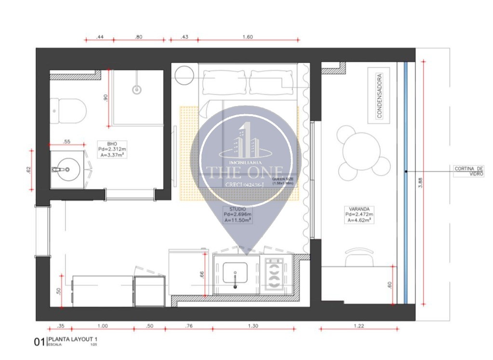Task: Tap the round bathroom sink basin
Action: [67, 169]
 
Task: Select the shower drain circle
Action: [137, 89]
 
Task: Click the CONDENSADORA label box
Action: [378, 95]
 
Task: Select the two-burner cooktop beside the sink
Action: [274, 275]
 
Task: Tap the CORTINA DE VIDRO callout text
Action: [468, 171]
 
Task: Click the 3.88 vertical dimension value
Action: [420, 182]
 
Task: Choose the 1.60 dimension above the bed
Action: [248, 37]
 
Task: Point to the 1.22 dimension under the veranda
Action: [359, 326]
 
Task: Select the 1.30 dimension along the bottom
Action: [253, 326]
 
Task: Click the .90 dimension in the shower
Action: [106, 97]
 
